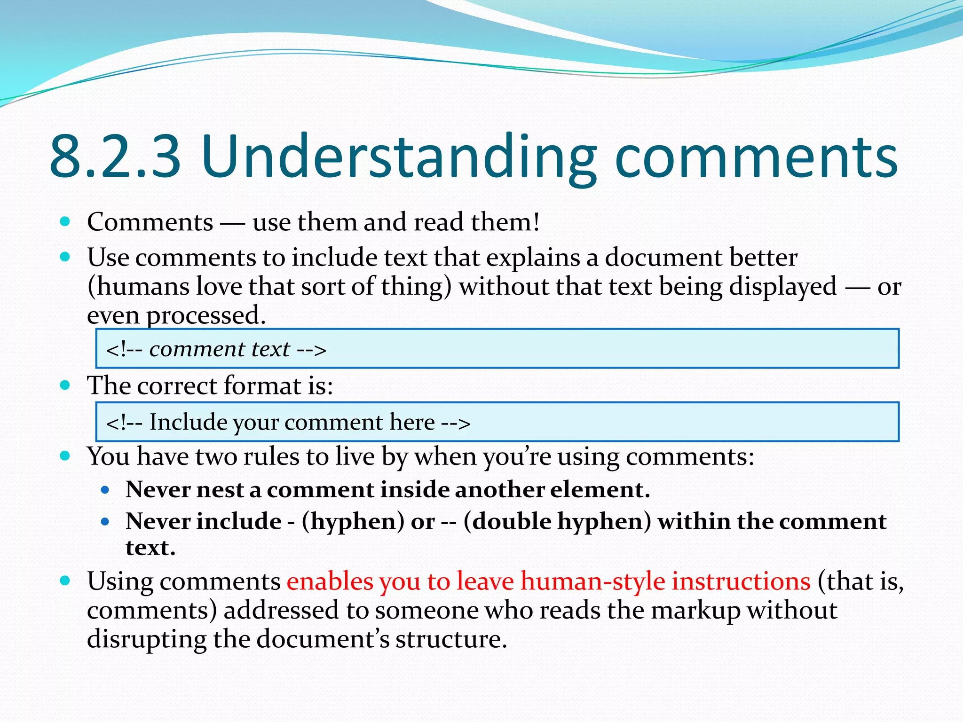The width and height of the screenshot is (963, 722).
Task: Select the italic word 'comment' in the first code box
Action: (x=197, y=349)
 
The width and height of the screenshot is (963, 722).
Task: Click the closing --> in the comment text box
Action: (x=311, y=349)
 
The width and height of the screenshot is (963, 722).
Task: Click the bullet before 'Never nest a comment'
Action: (x=105, y=490)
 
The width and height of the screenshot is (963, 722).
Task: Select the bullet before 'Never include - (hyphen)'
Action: (x=105, y=522)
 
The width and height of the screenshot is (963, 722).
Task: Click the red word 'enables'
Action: (x=330, y=581)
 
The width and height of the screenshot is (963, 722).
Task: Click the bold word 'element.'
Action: (x=600, y=490)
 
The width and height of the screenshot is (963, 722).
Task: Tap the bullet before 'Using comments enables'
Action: (x=65, y=581)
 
